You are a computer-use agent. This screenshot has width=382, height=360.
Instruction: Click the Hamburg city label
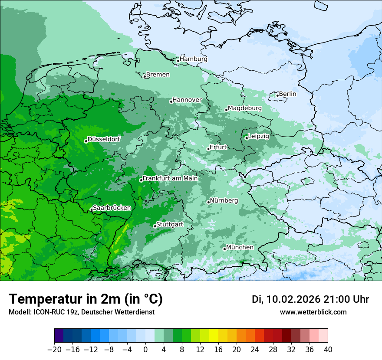click(194, 59)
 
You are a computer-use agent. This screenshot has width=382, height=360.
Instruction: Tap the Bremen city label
click(158, 75)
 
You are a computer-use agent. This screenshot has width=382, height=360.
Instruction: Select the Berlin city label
click(287, 94)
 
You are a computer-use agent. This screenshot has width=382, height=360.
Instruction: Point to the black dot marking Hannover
click(171, 101)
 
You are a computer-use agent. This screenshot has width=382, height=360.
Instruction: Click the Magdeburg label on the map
click(245, 108)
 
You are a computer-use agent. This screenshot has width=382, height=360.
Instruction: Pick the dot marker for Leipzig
click(246, 138)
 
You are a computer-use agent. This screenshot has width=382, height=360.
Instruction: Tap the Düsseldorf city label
click(104, 139)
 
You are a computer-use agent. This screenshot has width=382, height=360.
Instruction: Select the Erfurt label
click(218, 147)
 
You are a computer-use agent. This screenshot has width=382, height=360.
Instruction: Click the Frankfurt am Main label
click(170, 178)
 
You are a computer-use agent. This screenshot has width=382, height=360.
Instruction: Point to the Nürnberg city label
click(224, 201)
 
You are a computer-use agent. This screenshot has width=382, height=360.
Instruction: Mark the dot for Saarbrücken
click(91, 209)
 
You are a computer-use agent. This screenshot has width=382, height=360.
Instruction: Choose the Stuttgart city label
click(169, 225)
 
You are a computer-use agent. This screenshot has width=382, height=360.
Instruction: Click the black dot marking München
click(224, 249)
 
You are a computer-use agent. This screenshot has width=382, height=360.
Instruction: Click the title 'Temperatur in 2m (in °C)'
click(86, 299)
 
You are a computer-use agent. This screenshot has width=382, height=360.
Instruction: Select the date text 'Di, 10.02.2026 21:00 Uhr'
click(310, 299)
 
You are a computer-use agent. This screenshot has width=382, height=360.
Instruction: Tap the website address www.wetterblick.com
click(313, 312)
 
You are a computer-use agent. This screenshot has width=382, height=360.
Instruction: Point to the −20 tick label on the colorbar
click(54, 350)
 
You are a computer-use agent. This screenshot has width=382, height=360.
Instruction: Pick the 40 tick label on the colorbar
click(328, 350)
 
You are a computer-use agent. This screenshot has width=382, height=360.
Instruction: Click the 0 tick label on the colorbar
click(145, 350)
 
